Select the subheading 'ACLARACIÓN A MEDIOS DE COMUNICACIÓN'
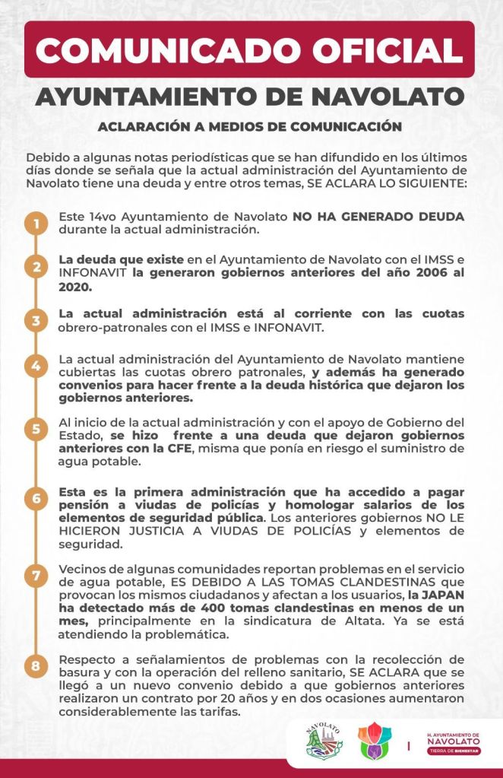[249, 127]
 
